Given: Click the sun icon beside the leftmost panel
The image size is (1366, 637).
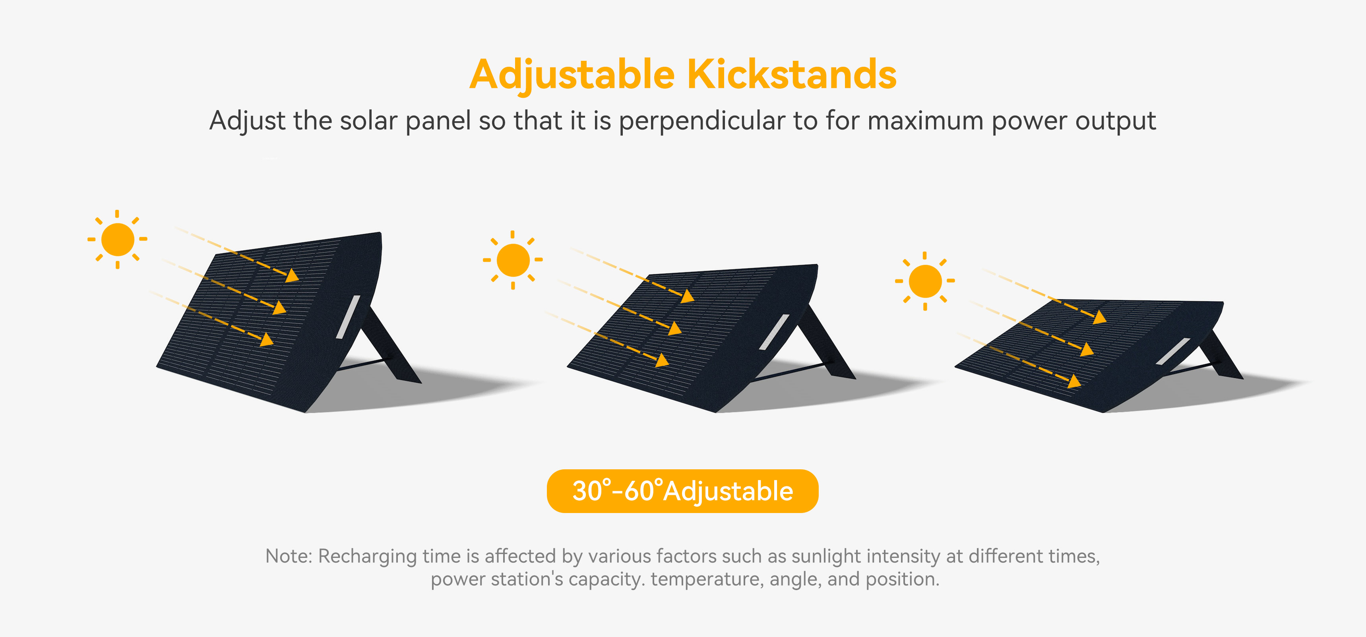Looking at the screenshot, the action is [117, 239].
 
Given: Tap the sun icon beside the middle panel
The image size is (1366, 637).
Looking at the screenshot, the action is [513, 260].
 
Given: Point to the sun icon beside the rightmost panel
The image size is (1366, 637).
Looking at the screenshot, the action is [925, 281].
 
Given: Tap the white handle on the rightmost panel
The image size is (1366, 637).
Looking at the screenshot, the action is [1173, 351].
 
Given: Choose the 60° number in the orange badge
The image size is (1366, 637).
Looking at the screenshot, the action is [643, 491].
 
